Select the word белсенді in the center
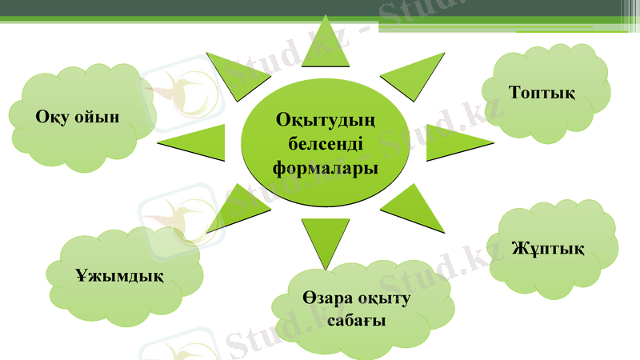point(325,145)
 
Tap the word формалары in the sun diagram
point(325,169)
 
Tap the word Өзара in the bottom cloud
point(324,299)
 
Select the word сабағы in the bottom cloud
point(357,321)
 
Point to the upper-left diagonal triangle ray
point(232,75)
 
